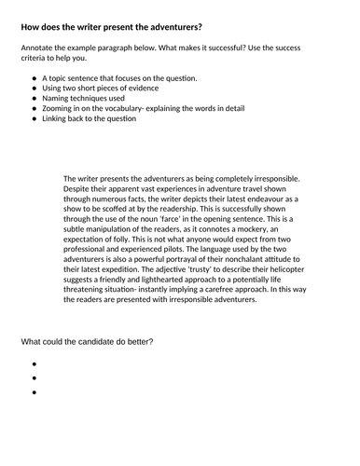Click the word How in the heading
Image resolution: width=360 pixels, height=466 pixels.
[30, 25]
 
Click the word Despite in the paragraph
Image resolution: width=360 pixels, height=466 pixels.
[81, 190]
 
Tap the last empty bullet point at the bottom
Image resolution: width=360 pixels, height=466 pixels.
[35, 392]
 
